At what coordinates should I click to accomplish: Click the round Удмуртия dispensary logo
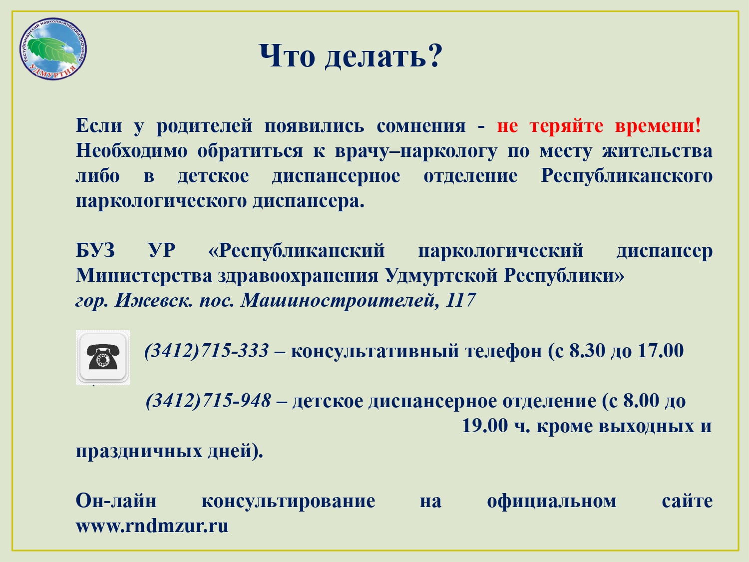[53, 49]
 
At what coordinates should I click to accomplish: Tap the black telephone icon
[103, 357]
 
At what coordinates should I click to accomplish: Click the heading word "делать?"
[383, 56]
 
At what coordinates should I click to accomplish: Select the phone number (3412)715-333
[206, 351]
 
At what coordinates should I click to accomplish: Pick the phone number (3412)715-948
[208, 400]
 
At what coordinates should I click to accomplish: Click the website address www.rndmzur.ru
[152, 526]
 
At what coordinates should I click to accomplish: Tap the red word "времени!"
[658, 125]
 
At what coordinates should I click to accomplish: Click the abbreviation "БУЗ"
[95, 251]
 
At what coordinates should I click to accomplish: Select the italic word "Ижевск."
[154, 301]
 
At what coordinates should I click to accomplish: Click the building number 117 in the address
[460, 300]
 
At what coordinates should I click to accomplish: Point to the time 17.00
[661, 351]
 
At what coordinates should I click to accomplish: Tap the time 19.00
[485, 426]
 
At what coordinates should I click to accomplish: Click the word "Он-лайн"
[116, 501]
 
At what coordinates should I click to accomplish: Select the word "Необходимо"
[131, 151]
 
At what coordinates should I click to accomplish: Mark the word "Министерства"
[144, 276]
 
